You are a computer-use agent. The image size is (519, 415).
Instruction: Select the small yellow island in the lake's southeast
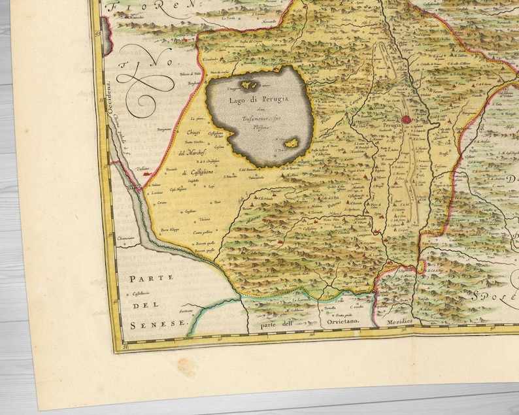[292, 143]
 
